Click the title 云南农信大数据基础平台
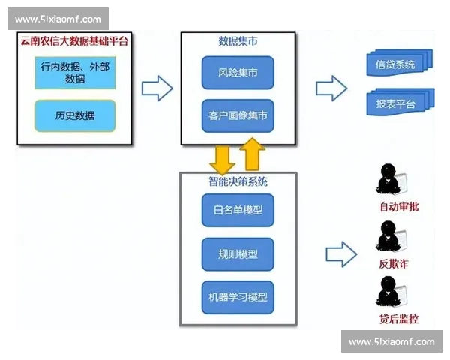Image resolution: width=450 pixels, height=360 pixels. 74,42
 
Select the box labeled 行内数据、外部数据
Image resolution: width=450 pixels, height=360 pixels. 75,72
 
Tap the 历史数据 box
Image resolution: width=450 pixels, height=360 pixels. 75,116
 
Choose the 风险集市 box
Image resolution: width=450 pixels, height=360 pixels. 238,73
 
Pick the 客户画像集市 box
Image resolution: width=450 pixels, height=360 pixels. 238,116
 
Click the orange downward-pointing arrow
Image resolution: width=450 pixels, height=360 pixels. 222,157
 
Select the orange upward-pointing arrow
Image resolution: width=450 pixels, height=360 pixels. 253,154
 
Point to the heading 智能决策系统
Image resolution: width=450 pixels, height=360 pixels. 238,181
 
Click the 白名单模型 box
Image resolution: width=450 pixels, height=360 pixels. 238,210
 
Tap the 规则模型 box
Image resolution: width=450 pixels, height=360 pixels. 238,254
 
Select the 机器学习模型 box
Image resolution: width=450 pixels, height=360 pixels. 238,298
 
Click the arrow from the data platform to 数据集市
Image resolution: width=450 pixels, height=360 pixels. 157,88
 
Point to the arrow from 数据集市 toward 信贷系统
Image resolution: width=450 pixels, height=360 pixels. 331,88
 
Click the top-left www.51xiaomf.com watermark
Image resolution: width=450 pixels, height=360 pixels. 58,19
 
